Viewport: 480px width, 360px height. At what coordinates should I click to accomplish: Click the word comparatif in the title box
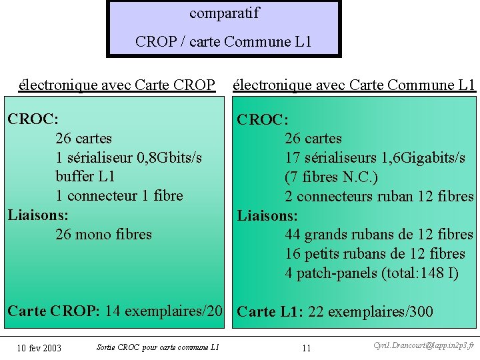(224, 13)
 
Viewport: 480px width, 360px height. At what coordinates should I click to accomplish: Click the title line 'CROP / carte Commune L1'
(223, 42)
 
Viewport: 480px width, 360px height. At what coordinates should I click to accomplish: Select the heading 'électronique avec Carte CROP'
(117, 85)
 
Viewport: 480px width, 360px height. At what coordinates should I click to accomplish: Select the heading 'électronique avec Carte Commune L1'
(354, 85)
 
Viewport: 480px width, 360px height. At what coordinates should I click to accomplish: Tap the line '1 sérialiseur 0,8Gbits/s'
(129, 157)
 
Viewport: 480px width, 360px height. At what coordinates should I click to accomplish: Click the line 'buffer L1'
(85, 177)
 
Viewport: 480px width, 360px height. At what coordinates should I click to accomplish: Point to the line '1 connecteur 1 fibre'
(119, 196)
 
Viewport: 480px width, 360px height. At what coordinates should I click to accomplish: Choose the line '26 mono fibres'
(103, 235)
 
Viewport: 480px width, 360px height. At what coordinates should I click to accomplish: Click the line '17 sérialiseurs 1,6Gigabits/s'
(375, 158)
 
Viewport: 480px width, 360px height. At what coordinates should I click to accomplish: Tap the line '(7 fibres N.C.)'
(331, 177)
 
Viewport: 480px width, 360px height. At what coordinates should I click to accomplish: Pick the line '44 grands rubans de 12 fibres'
(379, 235)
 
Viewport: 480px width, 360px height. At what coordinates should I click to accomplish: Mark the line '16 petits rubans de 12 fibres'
(375, 254)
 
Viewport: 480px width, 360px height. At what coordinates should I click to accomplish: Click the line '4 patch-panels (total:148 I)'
(372, 273)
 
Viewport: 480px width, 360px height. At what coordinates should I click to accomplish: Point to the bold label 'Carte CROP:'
(53, 311)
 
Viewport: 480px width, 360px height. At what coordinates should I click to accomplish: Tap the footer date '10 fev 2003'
(39, 348)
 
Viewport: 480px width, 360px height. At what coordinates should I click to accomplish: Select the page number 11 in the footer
(307, 348)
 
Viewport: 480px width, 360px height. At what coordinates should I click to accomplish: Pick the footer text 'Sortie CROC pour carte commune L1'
(157, 347)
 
